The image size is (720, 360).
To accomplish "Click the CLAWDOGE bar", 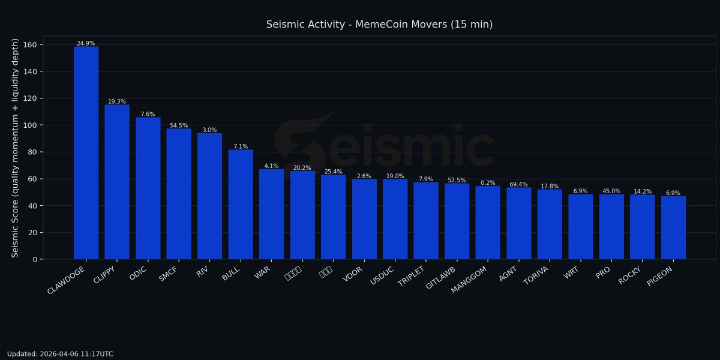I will coord(86,153).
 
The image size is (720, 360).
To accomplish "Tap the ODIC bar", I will coord(148,188).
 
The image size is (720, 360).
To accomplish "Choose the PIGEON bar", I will coord(673,228).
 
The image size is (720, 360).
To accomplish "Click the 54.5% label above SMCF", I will coord(179,125).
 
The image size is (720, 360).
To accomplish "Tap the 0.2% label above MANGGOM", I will coord(488,183).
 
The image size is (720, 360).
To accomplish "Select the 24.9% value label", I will coord(86,44).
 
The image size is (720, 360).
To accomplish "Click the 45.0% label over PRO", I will coord(611,191).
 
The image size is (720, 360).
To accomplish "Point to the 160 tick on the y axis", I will coord(31,45).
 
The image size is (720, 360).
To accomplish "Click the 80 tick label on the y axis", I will coord(33,152).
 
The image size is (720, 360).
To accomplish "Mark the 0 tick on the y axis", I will coord(35,259).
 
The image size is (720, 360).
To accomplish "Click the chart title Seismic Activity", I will coord(379,25).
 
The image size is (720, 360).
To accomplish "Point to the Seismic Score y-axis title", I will coord(16,148).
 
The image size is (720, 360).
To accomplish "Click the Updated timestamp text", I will coord(60,354).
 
